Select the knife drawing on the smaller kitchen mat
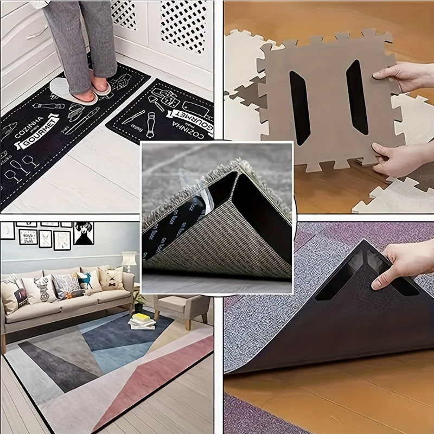pos(133,117)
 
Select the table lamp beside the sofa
pos(129,260)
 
